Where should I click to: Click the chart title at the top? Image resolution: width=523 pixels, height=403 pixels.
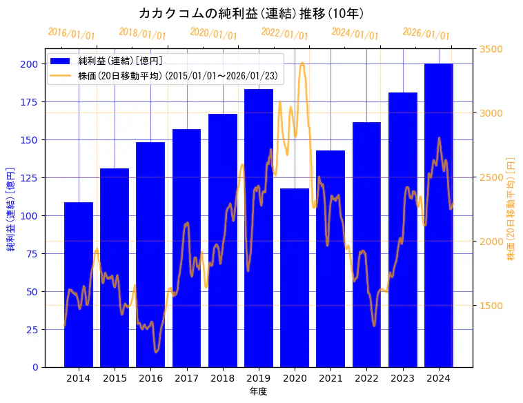coord(252,13)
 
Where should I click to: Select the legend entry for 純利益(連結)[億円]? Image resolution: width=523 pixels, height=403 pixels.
coord(120,61)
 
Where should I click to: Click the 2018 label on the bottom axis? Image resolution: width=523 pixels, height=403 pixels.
coord(223,378)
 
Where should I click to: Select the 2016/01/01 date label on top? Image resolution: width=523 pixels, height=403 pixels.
coord(71,33)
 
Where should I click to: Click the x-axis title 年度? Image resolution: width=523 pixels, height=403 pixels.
coord(259,391)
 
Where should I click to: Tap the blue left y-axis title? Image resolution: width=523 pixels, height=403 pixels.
coord(10,208)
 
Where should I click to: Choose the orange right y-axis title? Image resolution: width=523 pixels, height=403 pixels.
coord(511,208)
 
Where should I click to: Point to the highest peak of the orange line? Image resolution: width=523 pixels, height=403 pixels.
coord(303,63)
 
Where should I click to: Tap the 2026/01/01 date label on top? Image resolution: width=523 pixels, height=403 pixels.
coord(426,33)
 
